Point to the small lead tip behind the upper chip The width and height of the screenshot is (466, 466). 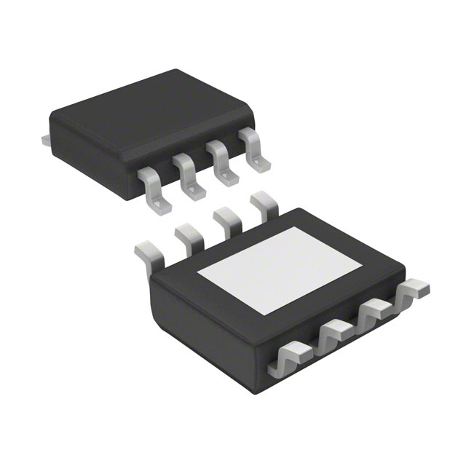(x=45, y=138)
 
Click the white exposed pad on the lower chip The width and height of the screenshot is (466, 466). (x=280, y=269)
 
